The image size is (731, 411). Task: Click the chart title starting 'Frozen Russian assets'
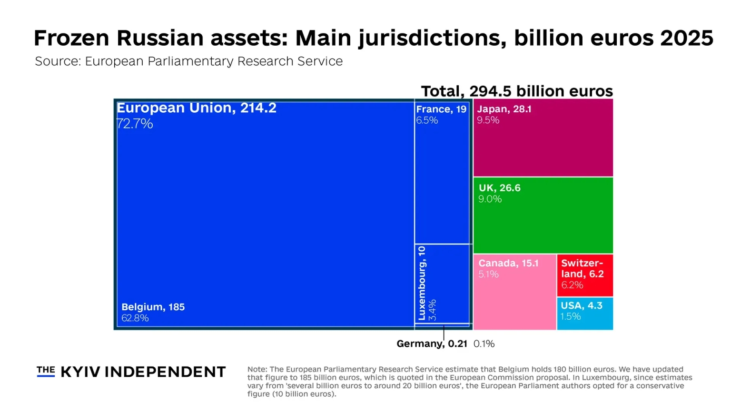(x=373, y=38)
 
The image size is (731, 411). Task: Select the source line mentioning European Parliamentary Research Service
(x=188, y=61)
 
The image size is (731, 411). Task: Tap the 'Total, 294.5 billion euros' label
(x=517, y=91)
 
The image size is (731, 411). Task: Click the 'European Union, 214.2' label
(x=197, y=108)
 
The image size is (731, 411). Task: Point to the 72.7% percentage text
(x=135, y=124)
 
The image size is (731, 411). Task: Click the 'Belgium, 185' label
(x=153, y=307)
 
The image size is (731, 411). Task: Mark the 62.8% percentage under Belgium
(x=135, y=318)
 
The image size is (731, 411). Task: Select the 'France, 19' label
(x=441, y=109)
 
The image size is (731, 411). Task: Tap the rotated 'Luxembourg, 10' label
(x=422, y=283)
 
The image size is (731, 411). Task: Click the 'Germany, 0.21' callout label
(x=432, y=343)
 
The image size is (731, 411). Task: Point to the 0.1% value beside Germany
(x=484, y=343)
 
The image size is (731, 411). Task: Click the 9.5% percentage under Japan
(x=488, y=120)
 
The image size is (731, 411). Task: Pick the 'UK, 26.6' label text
(x=500, y=188)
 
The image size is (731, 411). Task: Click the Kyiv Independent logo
(x=131, y=372)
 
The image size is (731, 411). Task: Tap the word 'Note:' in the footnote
(x=257, y=369)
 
